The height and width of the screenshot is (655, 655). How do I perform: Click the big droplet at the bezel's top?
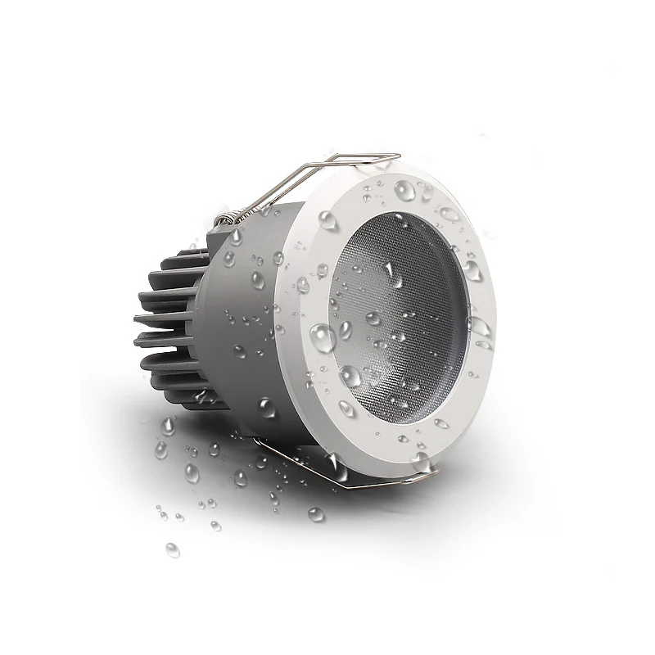[x=405, y=191]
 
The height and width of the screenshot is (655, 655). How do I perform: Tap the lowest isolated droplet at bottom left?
[x=172, y=549]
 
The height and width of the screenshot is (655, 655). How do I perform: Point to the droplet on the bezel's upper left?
[x=327, y=219]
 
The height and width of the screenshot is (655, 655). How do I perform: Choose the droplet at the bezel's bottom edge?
[x=422, y=460]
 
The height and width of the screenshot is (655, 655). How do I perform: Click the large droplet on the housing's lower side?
[x=266, y=407]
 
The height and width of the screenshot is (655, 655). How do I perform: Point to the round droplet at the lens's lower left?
[x=350, y=376]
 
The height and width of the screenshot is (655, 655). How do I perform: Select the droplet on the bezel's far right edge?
[x=479, y=327]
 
